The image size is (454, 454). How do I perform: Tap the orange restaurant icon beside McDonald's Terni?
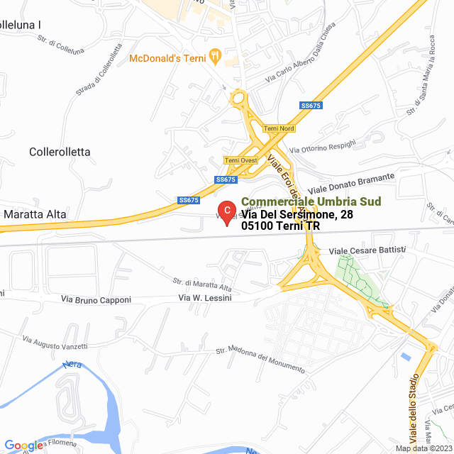click(x=216, y=56)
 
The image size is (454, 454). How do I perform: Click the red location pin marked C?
click(x=226, y=211)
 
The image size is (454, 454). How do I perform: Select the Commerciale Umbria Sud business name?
click(x=311, y=201)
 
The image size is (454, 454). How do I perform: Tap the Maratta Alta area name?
click(x=35, y=213)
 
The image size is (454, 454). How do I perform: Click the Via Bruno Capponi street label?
click(x=96, y=300)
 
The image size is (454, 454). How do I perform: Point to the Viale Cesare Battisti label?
click(x=367, y=250)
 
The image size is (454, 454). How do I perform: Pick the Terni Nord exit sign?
click(x=278, y=128)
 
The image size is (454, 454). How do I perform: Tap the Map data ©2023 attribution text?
click(x=423, y=448)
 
